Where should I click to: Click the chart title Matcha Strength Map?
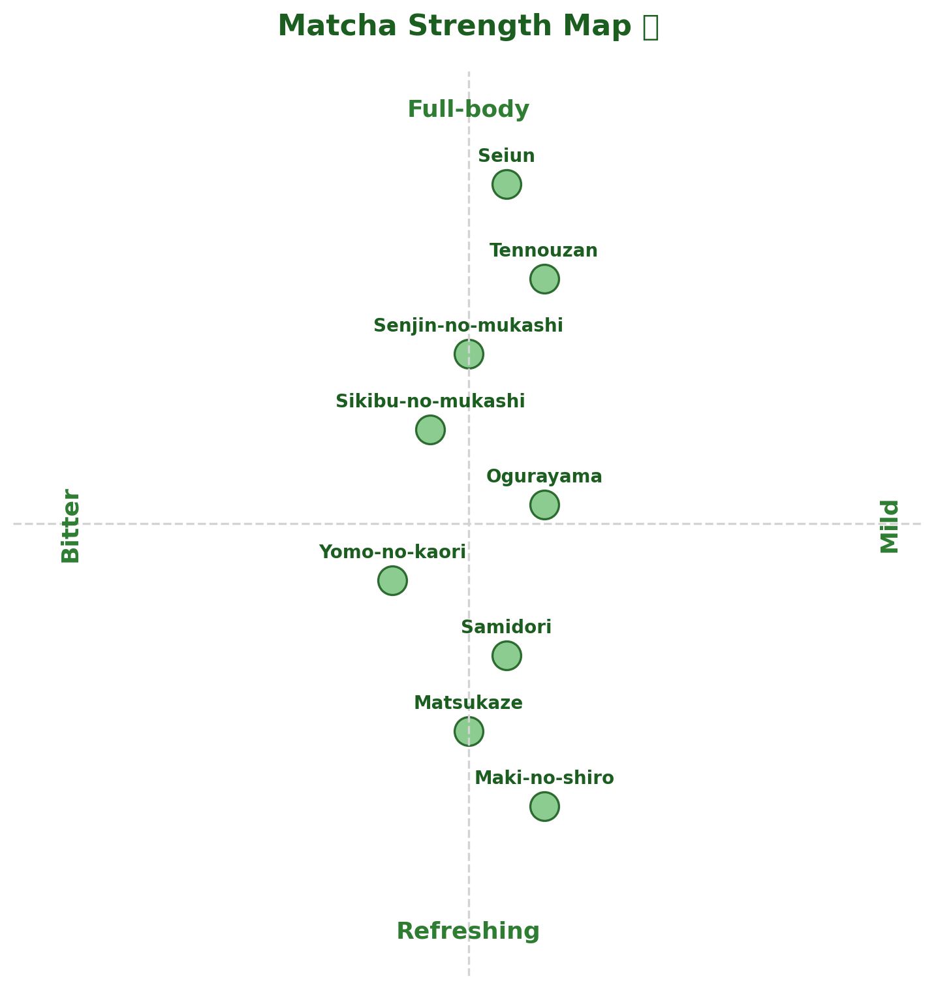pos(467,27)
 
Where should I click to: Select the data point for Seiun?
pos(507,184)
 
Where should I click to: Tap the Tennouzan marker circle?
pos(544,279)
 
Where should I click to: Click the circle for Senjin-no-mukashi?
pos(469,354)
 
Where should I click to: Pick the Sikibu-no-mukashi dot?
pos(430,430)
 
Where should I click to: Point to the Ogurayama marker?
pos(544,505)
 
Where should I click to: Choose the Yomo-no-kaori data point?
pos(392,580)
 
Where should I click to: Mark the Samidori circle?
pos(507,655)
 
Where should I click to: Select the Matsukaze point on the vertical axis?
pos(469,731)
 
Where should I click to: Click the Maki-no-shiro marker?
pos(544,806)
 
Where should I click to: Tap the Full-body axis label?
pos(468,109)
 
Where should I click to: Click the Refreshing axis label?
pos(468,931)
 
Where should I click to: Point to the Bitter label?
pos(70,526)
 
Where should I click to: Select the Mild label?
pos(889,526)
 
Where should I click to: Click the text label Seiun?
pos(507,156)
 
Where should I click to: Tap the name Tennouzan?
pos(544,251)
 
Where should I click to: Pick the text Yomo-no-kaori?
pos(392,552)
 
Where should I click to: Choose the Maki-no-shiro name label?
pos(544,778)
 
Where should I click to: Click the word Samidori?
pos(507,627)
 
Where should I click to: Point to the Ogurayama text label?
pos(544,477)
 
